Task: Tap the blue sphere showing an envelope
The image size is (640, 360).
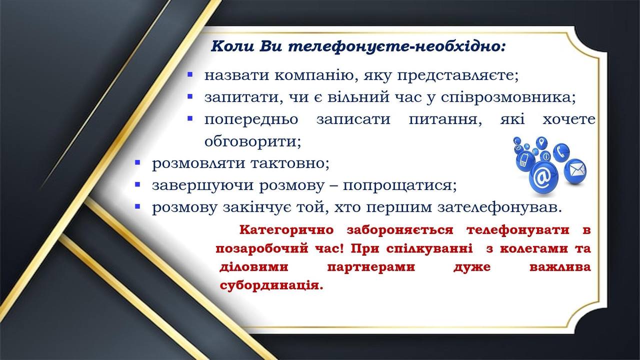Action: tap(575, 170)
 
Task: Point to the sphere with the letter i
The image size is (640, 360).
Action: tap(546, 156)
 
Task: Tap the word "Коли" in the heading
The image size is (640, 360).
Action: tap(233, 46)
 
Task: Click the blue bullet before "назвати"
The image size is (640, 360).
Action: tap(190, 74)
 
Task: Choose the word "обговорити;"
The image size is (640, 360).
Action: tap(252, 141)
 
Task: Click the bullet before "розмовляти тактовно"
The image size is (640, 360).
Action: tap(137, 162)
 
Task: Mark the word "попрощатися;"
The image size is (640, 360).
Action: tap(400, 185)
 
